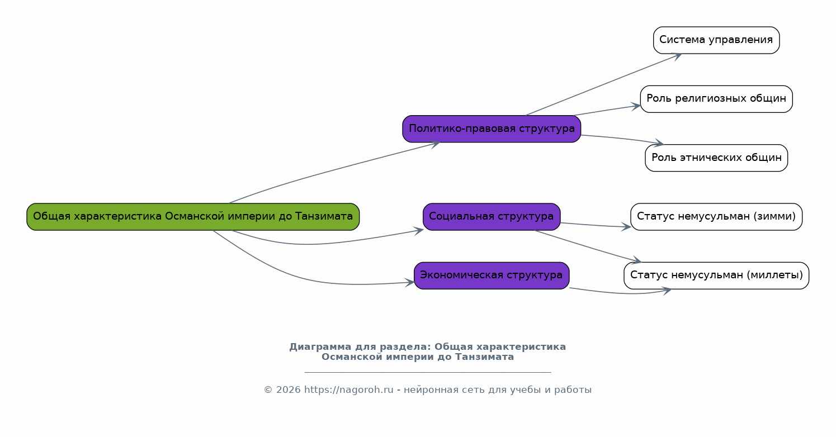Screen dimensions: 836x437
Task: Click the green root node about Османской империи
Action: (193, 217)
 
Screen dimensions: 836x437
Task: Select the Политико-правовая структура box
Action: (492, 129)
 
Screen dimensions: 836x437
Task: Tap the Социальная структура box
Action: (492, 217)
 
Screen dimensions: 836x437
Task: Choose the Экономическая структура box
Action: (492, 275)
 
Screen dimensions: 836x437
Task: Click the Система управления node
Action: (716, 40)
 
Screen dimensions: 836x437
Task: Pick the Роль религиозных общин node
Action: (716, 99)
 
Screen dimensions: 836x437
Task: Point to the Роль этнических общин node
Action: (716, 158)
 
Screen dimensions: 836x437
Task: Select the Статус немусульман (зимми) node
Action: (716, 217)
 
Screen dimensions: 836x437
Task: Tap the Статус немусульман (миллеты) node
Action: (716, 275)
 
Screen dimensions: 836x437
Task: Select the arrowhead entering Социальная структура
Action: (419, 231)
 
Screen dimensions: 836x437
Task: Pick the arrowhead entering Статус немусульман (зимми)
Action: (626, 227)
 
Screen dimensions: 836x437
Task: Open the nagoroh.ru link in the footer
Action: (348, 390)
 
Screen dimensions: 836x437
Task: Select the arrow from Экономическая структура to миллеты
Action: (620, 293)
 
